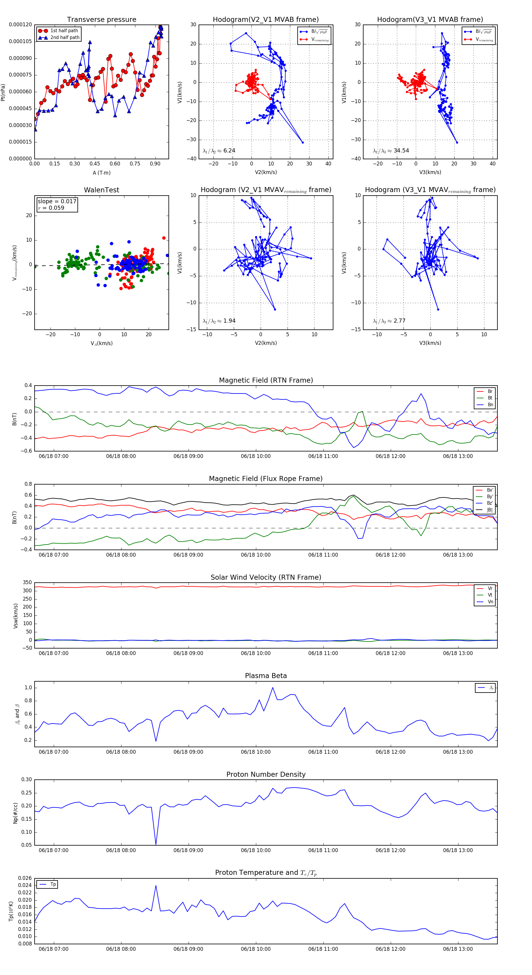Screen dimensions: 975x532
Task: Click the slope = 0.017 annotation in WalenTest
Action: point(57,201)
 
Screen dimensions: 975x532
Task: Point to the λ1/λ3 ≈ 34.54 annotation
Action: point(391,151)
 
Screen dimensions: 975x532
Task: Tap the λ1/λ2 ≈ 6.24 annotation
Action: point(219,151)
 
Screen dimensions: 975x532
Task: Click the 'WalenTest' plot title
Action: point(101,190)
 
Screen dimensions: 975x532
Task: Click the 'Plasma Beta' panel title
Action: point(266,676)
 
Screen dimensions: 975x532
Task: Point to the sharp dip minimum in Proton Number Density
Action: point(156,844)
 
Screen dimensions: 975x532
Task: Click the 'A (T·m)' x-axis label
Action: point(101,173)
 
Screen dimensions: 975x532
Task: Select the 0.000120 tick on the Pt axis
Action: point(20,25)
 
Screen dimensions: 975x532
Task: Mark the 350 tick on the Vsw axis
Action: point(27,583)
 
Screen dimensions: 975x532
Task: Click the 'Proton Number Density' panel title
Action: point(266,774)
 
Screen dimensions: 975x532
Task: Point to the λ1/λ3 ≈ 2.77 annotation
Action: point(389,321)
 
